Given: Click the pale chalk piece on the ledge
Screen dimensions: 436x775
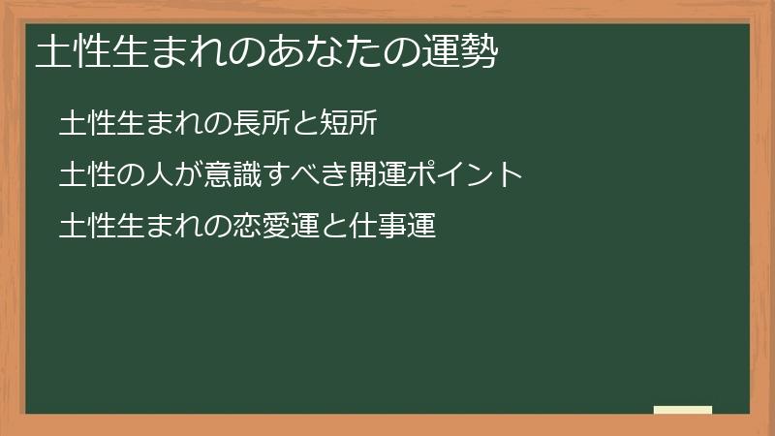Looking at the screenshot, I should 683,410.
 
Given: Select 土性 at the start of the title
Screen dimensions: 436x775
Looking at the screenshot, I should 70,52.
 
